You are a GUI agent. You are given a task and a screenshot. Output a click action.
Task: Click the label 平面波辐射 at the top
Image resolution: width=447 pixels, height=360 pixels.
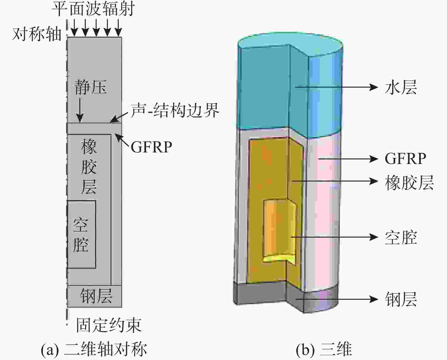[93, 9]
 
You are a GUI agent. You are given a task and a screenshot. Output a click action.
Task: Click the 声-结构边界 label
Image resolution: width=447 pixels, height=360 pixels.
[175, 111]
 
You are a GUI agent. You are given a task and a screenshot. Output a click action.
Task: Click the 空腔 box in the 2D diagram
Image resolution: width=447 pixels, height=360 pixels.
[81, 234]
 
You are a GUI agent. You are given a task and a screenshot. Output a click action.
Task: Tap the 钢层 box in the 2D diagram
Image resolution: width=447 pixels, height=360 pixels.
[94, 296]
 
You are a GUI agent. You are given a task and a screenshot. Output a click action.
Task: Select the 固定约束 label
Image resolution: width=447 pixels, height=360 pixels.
[108, 325]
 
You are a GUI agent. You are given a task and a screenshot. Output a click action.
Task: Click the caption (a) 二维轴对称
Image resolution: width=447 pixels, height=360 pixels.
[94, 349]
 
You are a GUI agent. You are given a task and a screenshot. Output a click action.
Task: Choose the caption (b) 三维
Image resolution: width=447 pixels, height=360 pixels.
[324, 349]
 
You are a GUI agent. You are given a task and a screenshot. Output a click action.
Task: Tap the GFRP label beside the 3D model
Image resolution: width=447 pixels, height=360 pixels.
[405, 158]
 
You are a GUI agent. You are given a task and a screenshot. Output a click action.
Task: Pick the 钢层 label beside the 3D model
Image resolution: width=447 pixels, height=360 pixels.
[401, 299]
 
